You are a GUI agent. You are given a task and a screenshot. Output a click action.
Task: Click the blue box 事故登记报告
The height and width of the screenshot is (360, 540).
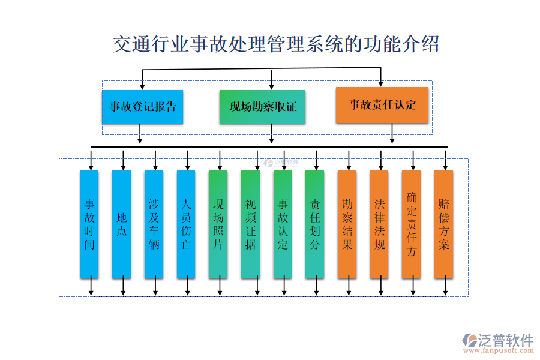click(x=142, y=107)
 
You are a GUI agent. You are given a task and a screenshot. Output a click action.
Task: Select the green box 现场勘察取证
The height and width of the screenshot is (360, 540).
click(x=262, y=107)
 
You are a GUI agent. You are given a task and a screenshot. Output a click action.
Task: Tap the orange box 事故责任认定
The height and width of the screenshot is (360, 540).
click(x=382, y=105)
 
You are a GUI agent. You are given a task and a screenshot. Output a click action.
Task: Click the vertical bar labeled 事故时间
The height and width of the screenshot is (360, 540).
click(x=89, y=224)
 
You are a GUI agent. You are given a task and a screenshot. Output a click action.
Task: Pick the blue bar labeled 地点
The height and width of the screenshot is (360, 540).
click(x=122, y=224)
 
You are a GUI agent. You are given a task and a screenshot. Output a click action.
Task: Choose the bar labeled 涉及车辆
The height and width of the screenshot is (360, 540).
click(x=154, y=224)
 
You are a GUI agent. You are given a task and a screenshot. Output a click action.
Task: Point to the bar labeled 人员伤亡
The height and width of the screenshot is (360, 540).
click(x=186, y=224)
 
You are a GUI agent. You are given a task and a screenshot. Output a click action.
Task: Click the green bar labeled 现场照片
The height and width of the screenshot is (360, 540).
click(x=218, y=224)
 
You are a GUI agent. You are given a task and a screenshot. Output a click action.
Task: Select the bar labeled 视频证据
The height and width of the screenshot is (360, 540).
click(x=250, y=224)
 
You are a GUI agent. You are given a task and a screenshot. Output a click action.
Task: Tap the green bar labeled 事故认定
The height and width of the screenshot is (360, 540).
click(x=283, y=224)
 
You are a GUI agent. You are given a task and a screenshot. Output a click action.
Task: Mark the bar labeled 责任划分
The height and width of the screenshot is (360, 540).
click(x=314, y=224)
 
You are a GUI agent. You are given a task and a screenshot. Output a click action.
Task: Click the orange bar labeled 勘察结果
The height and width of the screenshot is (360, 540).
click(x=347, y=224)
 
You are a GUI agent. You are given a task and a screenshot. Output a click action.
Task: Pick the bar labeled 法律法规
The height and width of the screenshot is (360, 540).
click(x=379, y=224)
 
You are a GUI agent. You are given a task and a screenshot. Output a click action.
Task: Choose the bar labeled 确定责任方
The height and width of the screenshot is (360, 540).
click(x=411, y=224)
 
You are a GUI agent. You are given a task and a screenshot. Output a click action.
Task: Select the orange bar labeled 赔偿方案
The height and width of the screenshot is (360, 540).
click(x=443, y=224)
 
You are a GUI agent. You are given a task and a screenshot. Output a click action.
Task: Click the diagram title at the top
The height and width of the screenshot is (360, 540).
click(x=275, y=44)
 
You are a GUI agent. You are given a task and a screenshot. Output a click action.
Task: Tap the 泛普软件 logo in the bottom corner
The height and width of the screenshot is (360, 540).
click(x=497, y=340)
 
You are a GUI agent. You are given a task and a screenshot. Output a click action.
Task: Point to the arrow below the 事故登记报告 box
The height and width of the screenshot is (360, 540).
click(x=140, y=134)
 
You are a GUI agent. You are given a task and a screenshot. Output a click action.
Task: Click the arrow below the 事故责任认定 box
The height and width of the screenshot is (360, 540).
click(x=392, y=134)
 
